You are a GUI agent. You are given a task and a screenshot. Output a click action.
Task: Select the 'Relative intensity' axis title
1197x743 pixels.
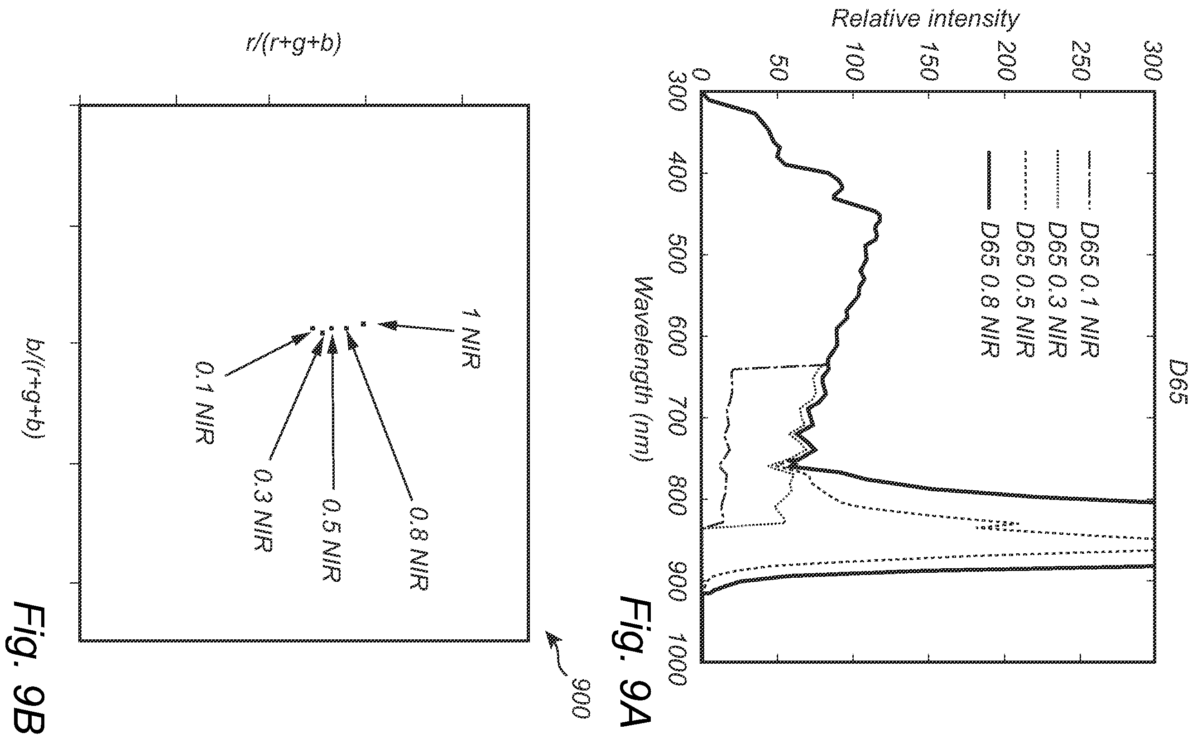925,19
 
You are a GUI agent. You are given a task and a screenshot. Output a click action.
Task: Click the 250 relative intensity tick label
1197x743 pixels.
1080,61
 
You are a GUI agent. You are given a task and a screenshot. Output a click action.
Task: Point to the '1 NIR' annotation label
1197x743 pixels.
470,339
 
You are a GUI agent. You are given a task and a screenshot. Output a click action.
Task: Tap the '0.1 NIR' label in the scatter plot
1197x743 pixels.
204,403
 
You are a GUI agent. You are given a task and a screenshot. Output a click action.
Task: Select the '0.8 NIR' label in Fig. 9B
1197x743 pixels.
419,549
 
